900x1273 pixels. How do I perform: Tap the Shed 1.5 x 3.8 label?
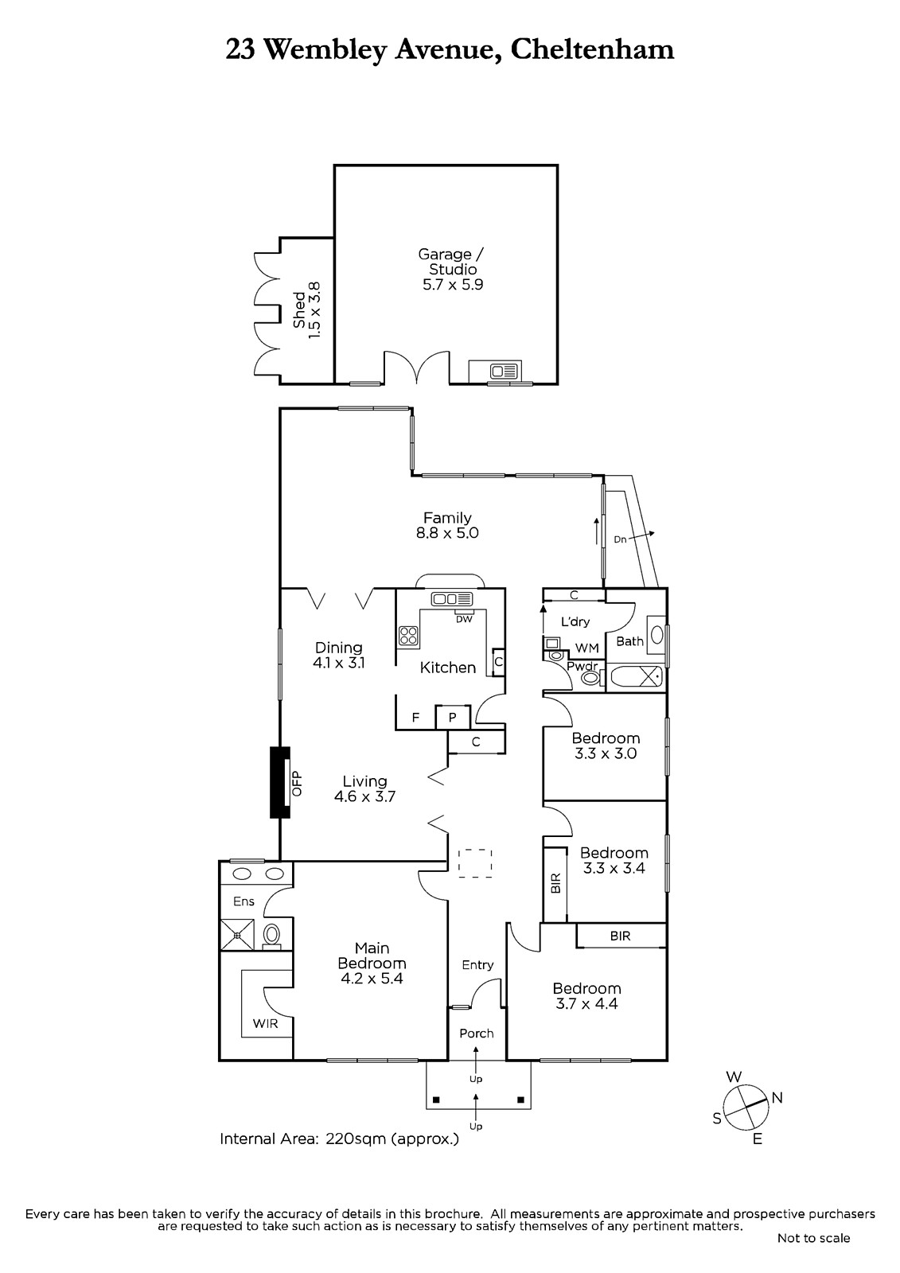[306, 311]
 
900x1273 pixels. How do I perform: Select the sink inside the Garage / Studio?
[505, 372]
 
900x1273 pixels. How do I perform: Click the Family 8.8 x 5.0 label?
[447, 525]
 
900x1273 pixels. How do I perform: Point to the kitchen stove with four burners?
[408, 636]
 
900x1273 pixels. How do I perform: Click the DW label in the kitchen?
[464, 619]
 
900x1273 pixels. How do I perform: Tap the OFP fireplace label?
[296, 783]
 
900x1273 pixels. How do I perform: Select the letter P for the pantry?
[453, 717]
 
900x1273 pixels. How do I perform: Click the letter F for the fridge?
[415, 717]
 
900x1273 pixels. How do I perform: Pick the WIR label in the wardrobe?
[266, 1023]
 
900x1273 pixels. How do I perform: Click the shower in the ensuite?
[237, 935]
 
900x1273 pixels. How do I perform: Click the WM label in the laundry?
[586, 648]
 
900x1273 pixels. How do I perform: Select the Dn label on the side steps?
[620, 539]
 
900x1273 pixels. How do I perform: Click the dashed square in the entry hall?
[475, 863]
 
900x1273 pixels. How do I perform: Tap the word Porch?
[477, 1034]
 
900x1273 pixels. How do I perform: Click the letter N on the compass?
[777, 1098]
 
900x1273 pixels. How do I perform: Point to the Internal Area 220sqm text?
[339, 1139]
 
